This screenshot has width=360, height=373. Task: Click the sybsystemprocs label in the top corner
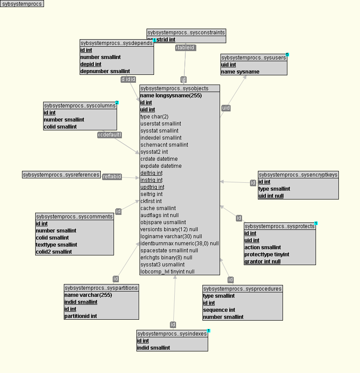(22, 4)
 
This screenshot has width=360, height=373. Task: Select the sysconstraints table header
(186, 33)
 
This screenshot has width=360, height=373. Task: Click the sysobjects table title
(180, 89)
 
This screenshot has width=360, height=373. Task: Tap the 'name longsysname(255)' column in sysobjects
(171, 96)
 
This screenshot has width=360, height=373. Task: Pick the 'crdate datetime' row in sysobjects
(159, 159)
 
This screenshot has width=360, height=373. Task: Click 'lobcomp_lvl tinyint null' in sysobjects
(167, 272)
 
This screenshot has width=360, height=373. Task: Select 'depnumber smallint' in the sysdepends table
(105, 71)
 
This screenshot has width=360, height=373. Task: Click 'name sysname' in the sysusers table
(240, 72)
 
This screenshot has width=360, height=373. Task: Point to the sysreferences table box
(61, 175)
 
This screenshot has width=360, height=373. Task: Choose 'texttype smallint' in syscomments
(56, 245)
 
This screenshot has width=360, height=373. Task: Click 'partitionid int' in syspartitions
(81, 316)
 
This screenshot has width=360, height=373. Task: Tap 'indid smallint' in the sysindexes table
(153, 348)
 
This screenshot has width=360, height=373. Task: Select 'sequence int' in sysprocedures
(219, 310)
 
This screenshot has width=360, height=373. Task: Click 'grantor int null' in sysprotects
(262, 262)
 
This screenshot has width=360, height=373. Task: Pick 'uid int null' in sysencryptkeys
(271, 196)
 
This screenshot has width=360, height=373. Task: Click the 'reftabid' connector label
(112, 177)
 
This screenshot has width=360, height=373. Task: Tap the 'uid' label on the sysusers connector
(226, 108)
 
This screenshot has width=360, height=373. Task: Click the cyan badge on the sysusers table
(287, 55)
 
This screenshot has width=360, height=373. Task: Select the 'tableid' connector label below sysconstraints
(185, 48)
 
